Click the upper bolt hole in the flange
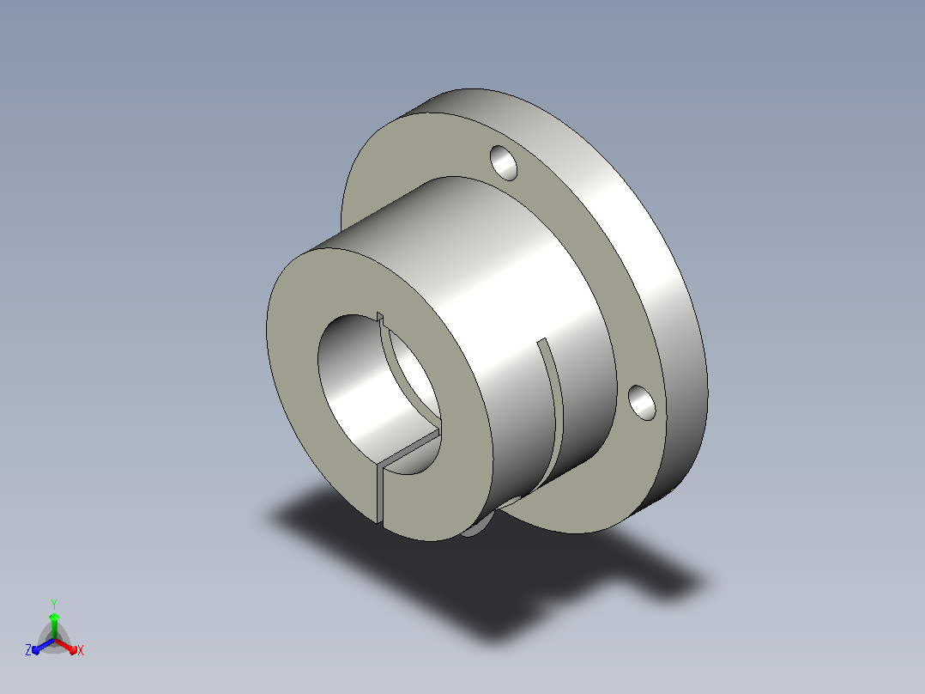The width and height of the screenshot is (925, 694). pyautogui.click(x=504, y=162)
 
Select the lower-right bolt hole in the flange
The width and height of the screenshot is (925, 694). pyautogui.click(x=642, y=402)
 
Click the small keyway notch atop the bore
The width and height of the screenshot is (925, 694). pyautogui.click(x=380, y=319)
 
